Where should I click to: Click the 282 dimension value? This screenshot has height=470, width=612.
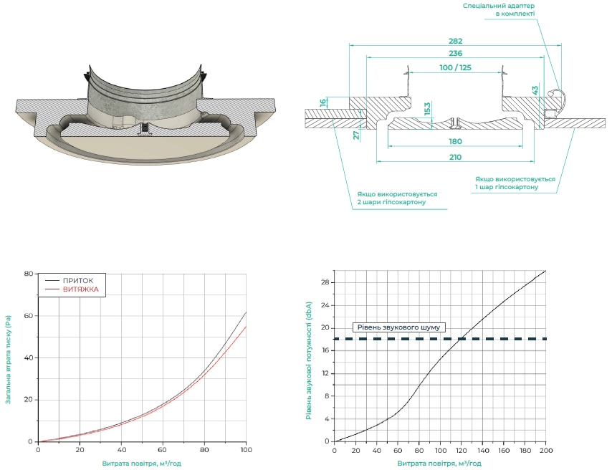(455, 41)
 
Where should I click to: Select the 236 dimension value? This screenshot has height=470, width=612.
(455, 53)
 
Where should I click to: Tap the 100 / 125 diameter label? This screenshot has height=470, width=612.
(455, 67)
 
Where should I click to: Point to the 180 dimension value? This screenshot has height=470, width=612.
(455, 141)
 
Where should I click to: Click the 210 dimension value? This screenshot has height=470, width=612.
(455, 158)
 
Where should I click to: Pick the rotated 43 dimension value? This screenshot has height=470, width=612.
(535, 90)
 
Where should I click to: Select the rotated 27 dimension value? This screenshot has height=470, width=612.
(356, 135)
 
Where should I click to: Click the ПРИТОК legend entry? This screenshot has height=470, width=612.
(78, 281)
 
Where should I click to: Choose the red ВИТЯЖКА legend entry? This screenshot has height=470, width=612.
(81, 289)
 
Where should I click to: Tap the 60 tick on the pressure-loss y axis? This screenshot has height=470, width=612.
(29, 315)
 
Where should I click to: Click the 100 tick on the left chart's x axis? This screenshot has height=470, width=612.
(246, 450)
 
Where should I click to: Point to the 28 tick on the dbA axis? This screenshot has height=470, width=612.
(325, 282)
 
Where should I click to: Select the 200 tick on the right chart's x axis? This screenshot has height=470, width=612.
(546, 450)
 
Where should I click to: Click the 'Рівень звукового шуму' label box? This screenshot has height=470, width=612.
(399, 327)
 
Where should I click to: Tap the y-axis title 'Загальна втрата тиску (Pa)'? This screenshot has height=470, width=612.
(8, 360)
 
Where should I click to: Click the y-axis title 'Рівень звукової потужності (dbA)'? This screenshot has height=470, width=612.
(309, 360)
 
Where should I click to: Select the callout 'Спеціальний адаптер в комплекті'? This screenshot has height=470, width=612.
(499, 10)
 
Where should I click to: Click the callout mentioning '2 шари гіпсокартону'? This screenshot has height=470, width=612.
(397, 198)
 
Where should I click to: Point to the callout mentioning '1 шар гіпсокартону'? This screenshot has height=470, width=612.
(515, 183)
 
